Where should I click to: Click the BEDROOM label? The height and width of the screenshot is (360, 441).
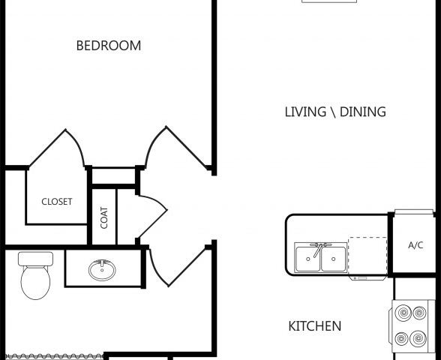coord(109,46)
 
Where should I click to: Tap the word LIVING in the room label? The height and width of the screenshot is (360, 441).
coord(304,112)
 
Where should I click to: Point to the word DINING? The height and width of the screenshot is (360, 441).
coord(363,112)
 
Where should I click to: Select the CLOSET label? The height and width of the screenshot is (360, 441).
coord(57,201)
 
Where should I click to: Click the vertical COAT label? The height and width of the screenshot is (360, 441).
coord(104,217)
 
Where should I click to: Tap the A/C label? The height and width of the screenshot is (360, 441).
coord(415,245)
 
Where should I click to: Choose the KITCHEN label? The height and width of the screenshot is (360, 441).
coord(315,326)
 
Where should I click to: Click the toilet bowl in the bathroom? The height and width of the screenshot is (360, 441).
coord(34,283)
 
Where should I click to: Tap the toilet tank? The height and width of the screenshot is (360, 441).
coord(36,259)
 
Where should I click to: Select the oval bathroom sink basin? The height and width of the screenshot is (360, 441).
coord(102,268)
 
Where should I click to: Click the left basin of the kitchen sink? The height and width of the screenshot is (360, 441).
coord(307,259)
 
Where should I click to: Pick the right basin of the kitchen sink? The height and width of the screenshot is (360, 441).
coord(334,259)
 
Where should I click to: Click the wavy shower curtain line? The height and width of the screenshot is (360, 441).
coord(52,355)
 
